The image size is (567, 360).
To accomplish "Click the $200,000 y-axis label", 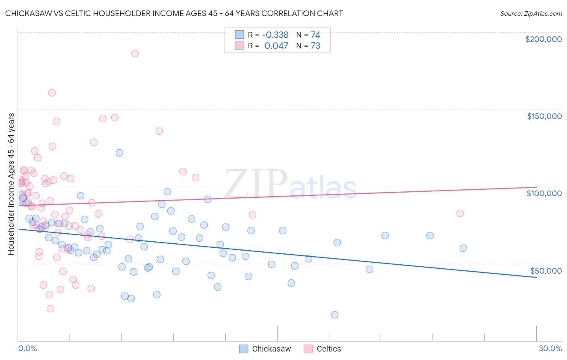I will [x=543, y=39].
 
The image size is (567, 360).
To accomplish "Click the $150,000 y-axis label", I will [x=544, y=116].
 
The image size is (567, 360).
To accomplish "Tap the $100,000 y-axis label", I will [x=544, y=193].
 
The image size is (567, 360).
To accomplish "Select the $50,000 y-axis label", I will [x=546, y=270].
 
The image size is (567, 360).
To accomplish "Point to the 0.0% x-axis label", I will [x=27, y=348].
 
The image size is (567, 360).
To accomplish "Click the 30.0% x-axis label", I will [x=550, y=348].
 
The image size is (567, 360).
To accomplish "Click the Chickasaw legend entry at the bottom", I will [x=271, y=349].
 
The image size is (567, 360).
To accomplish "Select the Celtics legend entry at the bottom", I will [x=329, y=349].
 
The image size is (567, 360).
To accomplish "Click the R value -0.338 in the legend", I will [x=275, y=35].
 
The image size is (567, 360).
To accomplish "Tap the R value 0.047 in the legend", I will [x=276, y=46].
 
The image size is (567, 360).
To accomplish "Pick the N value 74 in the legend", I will [x=315, y=35].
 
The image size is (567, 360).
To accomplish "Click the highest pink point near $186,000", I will [x=135, y=53].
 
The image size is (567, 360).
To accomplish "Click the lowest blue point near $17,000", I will [x=335, y=315].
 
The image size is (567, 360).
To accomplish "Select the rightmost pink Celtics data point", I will [x=460, y=213].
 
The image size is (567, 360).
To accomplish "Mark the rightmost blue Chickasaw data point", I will [x=463, y=248].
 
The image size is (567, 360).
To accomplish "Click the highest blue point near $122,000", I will [x=119, y=153].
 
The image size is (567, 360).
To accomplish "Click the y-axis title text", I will [x=11, y=184].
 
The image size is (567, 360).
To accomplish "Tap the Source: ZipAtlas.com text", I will [x=531, y=13].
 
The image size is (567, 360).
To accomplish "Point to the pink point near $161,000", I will [x=52, y=93].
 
